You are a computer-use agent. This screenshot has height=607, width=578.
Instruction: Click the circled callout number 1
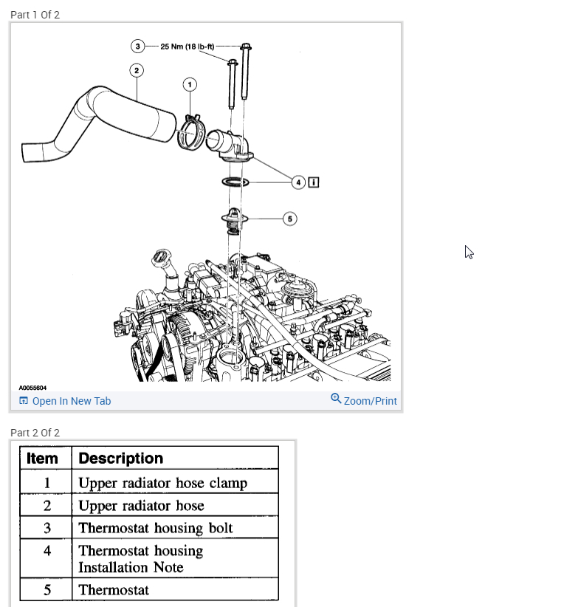pos(190,85)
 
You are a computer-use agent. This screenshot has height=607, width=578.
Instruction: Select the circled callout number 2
pos(136,70)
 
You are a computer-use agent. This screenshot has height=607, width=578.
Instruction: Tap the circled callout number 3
pos(137,46)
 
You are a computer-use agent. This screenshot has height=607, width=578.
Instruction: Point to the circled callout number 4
pos(298,182)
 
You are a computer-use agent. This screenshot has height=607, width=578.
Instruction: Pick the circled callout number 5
pos(290,219)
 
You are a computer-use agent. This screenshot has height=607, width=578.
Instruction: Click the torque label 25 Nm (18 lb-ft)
pos(187,46)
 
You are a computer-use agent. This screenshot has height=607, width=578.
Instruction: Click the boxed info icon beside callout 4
pos(314,182)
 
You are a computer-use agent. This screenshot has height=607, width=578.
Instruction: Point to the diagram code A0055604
pos(32,388)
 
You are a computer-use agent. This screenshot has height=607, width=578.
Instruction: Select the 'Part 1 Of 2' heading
pos(35,15)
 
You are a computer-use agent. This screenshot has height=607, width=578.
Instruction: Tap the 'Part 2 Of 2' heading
pos(35,433)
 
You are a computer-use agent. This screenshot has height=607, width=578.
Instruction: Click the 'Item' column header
pos(42,458)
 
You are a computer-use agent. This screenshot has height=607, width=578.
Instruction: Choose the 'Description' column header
pos(120,458)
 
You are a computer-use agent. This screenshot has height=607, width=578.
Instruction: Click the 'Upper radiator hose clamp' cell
pos(162,484)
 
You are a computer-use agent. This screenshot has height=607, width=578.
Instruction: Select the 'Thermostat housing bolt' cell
pos(155,528)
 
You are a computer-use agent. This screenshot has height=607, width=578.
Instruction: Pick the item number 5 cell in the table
pos(47,590)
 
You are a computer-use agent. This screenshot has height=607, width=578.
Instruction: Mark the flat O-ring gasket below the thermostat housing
pos(235,182)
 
